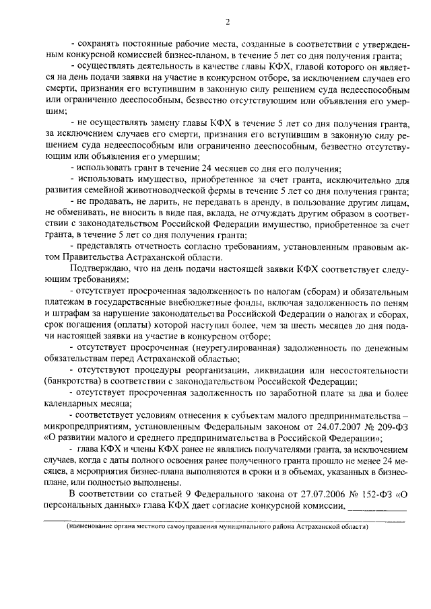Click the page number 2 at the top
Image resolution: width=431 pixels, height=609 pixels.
[228, 22]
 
